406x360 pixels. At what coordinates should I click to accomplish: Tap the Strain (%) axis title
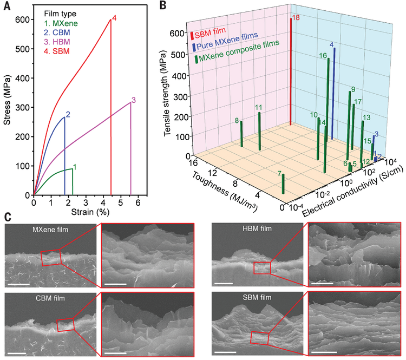pos(88,212)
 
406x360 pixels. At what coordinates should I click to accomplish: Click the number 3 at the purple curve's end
pos(133,100)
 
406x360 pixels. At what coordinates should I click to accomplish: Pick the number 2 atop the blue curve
pos(68,114)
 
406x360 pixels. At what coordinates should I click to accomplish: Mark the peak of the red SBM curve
pos(110,20)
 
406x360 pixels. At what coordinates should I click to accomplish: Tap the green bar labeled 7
pos(283,183)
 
